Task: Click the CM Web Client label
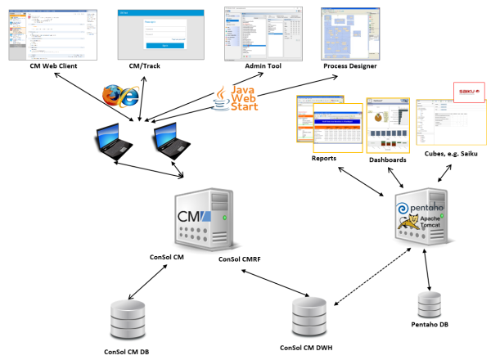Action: click(x=52, y=65)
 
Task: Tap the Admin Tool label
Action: click(x=264, y=65)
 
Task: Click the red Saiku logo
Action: click(x=468, y=92)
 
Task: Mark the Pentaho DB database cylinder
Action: click(x=430, y=304)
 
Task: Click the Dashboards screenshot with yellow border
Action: click(x=389, y=124)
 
